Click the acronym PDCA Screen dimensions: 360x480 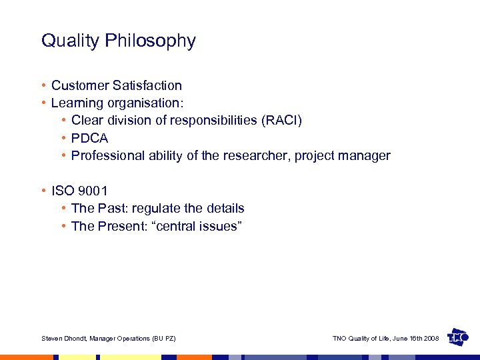(89, 138)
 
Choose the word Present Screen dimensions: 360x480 (119, 226)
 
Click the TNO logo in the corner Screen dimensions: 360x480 (457, 337)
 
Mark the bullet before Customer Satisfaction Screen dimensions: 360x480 (43, 85)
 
